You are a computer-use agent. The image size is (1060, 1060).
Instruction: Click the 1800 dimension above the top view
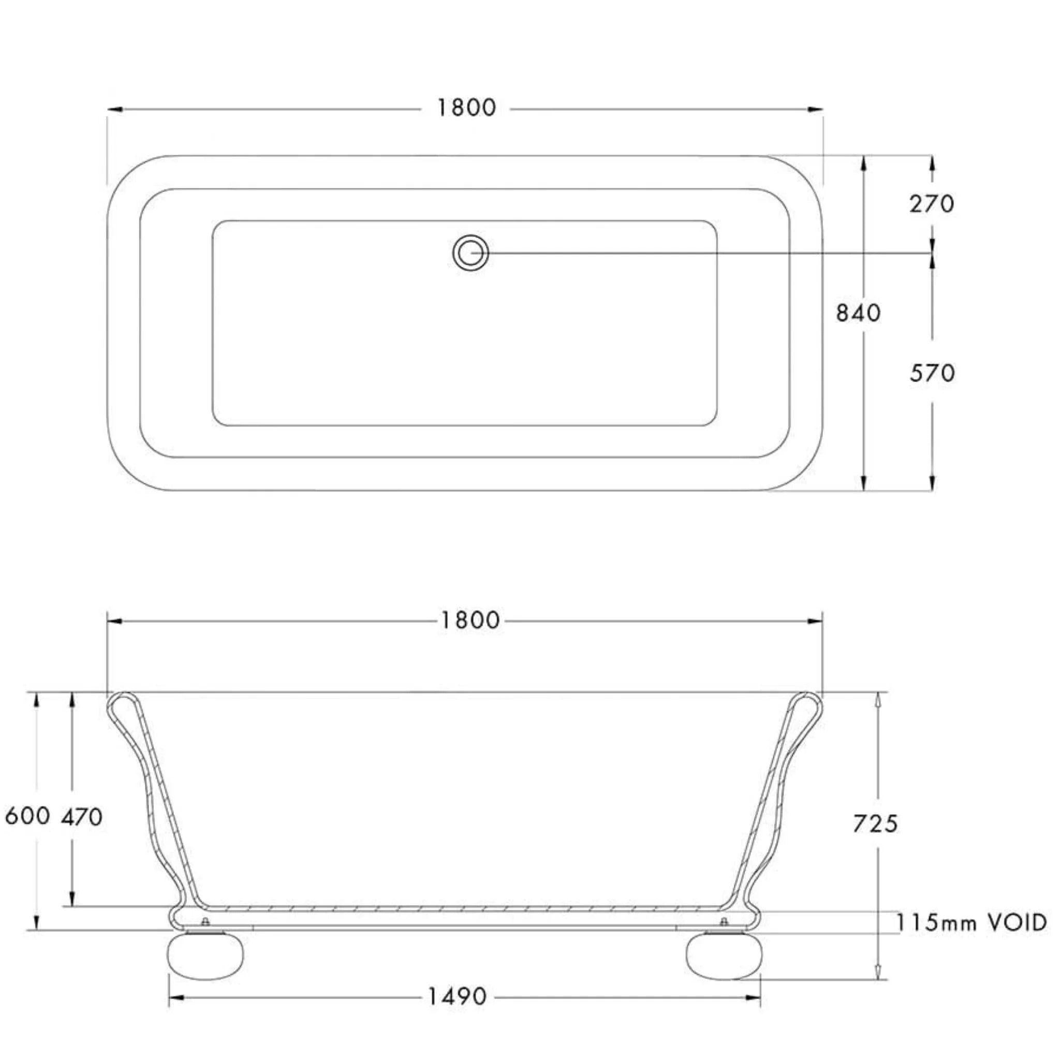click(466, 108)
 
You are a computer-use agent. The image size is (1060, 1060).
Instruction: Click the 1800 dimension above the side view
click(470, 621)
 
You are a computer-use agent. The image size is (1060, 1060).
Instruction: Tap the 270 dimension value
click(932, 204)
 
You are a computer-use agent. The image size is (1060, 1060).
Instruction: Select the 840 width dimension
click(858, 313)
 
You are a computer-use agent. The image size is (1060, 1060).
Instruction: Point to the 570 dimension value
click(932, 373)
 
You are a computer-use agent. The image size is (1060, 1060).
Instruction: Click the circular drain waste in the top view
click(470, 253)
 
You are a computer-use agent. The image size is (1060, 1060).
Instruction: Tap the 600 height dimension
click(27, 816)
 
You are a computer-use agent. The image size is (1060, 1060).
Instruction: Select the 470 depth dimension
click(82, 817)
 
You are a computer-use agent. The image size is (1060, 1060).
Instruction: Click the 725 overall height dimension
click(875, 823)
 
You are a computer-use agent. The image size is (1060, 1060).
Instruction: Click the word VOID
click(1018, 923)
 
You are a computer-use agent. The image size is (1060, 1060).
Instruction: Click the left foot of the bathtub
click(206, 957)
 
